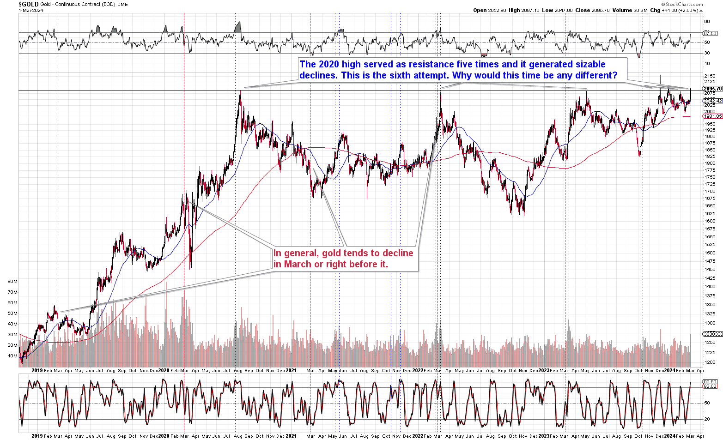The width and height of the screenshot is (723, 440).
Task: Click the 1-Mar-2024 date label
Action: coord(31,11)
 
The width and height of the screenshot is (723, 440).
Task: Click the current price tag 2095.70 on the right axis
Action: coord(712,89)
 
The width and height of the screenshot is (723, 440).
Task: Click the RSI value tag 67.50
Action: coord(710,33)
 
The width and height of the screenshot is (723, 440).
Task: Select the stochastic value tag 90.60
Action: coord(710,381)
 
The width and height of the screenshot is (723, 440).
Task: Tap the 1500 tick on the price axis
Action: coord(710,253)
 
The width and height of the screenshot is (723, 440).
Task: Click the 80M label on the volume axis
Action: coord(12,281)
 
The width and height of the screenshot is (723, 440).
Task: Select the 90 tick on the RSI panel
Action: coord(707,22)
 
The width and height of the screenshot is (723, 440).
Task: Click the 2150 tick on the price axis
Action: coord(710,76)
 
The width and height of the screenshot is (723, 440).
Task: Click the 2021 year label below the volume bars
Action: coord(291,370)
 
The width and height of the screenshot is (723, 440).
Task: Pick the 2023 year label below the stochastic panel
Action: coord(544,435)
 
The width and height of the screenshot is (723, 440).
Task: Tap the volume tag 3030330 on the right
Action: coord(712,334)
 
